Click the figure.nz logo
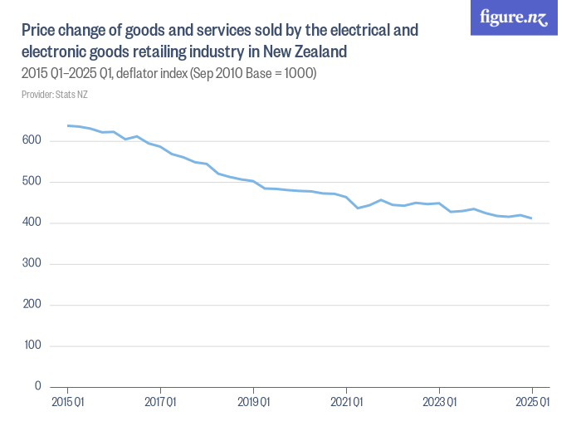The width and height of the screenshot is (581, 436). [x=514, y=18]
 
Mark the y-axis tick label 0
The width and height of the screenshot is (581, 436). [x=37, y=386]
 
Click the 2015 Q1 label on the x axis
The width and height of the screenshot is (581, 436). [x=67, y=403]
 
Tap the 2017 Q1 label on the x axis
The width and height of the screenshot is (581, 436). [x=160, y=403]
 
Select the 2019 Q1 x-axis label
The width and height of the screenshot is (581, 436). [x=253, y=403]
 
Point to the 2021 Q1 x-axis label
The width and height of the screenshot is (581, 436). [x=346, y=403]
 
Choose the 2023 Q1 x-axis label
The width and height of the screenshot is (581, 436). [x=439, y=403]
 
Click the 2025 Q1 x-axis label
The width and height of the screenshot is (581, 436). [x=532, y=403]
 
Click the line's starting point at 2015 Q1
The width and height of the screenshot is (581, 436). [x=67, y=125]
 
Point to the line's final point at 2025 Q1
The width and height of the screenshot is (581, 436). [x=531, y=218]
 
